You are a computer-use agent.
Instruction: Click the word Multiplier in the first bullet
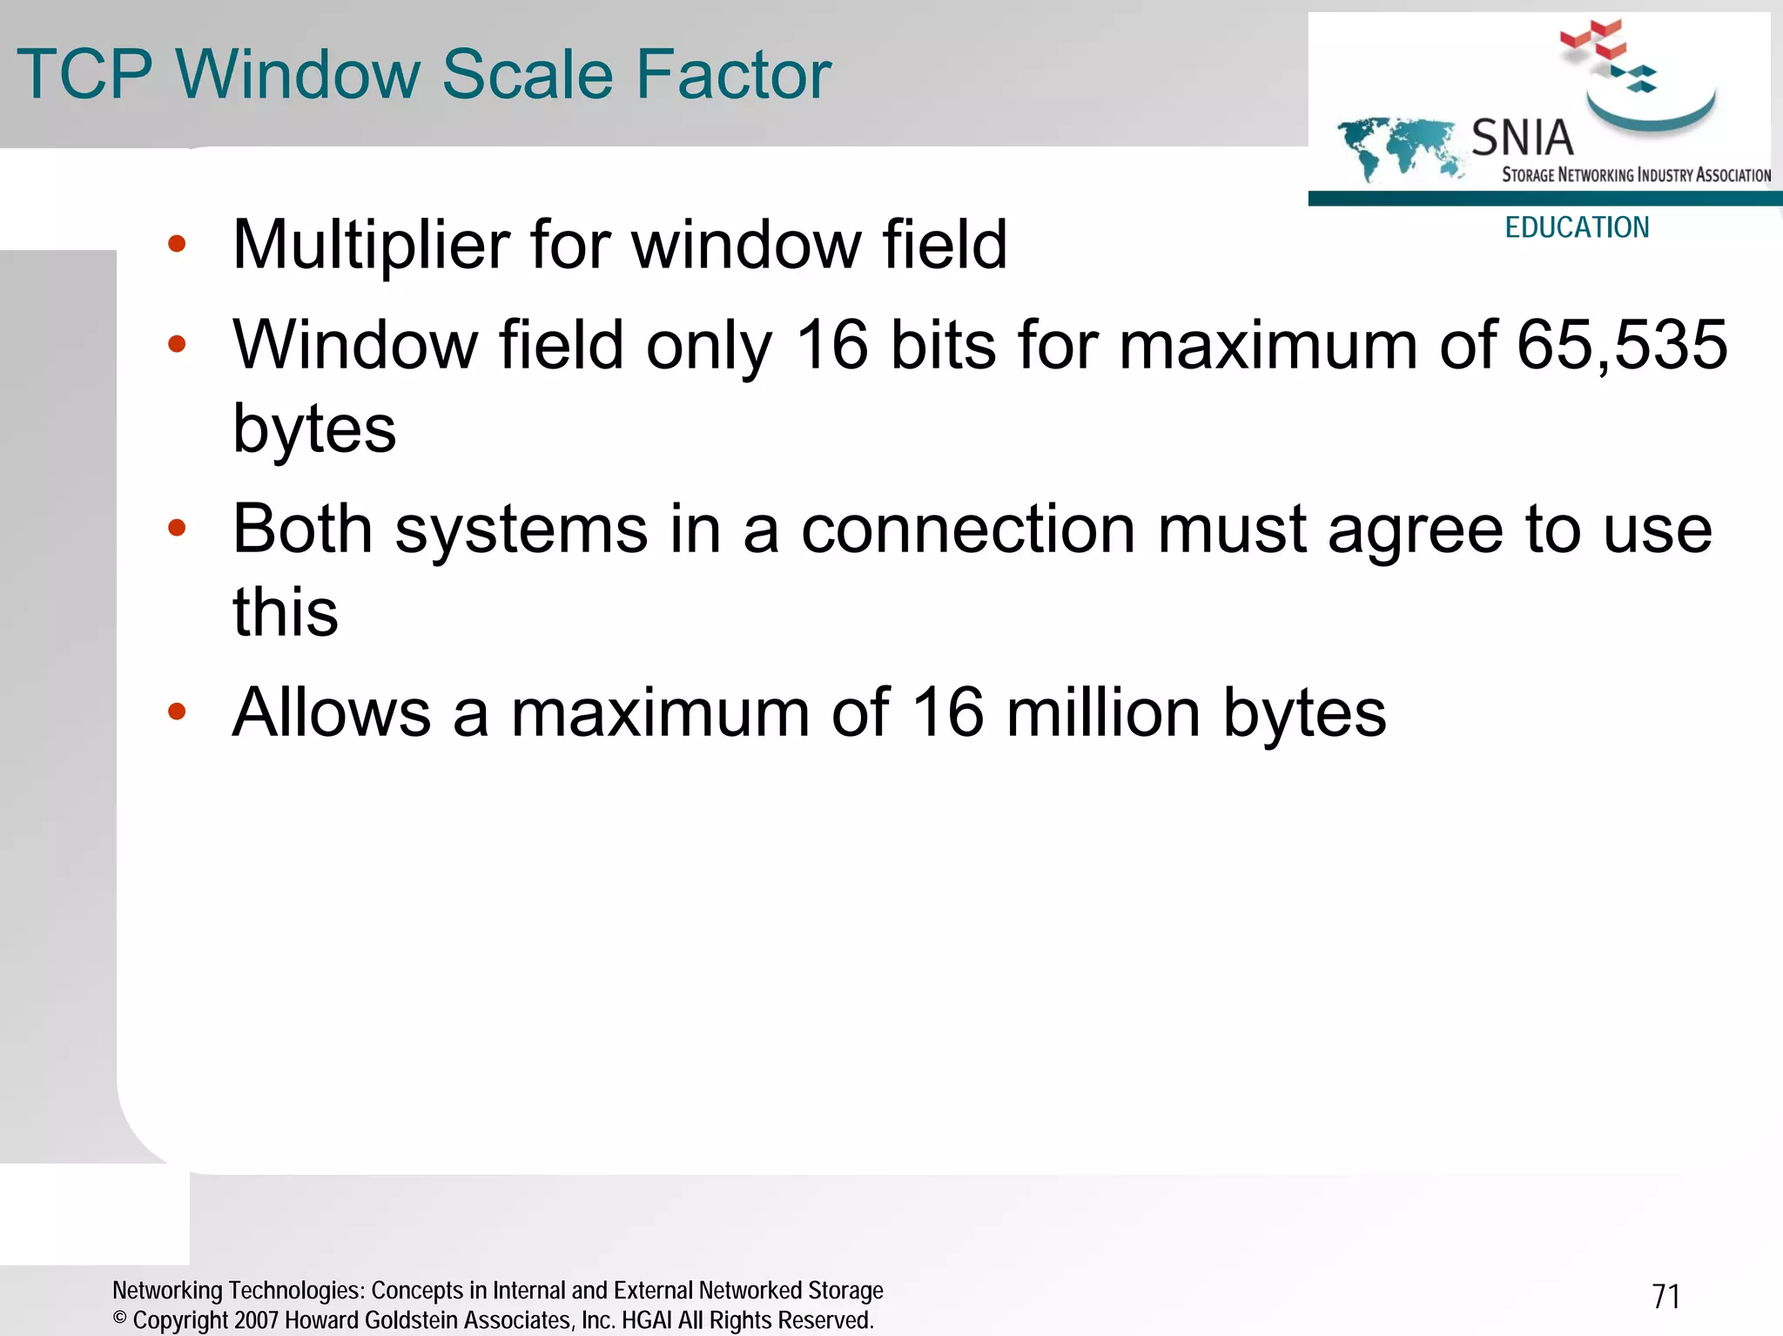click(371, 245)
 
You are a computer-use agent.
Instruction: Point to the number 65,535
click(1622, 345)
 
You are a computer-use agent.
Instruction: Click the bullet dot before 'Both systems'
click(177, 528)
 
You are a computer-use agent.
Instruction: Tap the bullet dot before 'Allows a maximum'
click(177, 712)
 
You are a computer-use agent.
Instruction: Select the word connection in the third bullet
click(968, 530)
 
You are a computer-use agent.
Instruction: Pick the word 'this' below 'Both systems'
click(286, 611)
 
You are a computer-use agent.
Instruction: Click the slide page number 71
click(1665, 1297)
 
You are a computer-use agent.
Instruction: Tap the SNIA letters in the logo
click(1522, 138)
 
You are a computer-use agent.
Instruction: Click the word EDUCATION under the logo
click(1577, 228)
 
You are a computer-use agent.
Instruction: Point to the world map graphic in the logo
click(1397, 146)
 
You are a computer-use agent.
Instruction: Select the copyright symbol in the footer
click(120, 1319)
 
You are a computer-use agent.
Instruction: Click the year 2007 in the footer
click(256, 1320)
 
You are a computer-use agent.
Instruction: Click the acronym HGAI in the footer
click(646, 1320)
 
